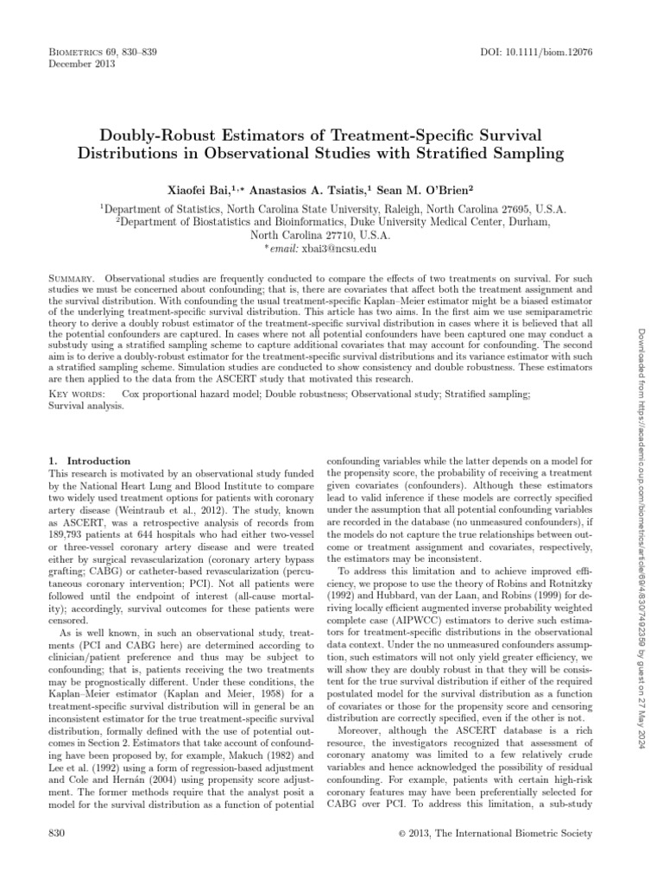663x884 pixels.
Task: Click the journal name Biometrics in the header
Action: [71, 54]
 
